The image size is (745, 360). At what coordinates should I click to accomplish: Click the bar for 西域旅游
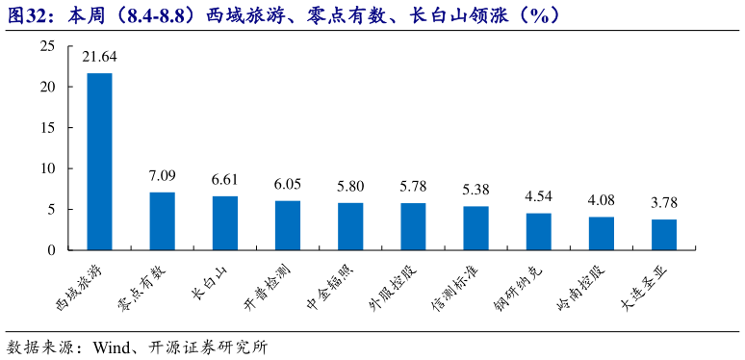point(99,162)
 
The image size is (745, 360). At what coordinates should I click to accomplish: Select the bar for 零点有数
point(162,221)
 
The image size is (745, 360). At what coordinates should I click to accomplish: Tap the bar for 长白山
point(224,223)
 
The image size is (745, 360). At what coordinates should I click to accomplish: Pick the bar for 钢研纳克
point(538,232)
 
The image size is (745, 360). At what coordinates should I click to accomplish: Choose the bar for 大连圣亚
point(664,235)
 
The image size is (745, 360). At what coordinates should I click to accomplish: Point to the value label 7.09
point(162,177)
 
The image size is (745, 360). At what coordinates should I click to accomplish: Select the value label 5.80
point(350,187)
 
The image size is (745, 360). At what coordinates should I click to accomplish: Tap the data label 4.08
point(602,201)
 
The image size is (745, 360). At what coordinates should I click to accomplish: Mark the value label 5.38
point(475,191)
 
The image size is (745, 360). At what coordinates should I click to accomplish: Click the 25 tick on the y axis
point(48,46)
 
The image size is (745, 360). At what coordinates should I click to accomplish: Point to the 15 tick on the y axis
point(48,128)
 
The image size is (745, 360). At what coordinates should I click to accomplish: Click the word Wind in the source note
point(113,347)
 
